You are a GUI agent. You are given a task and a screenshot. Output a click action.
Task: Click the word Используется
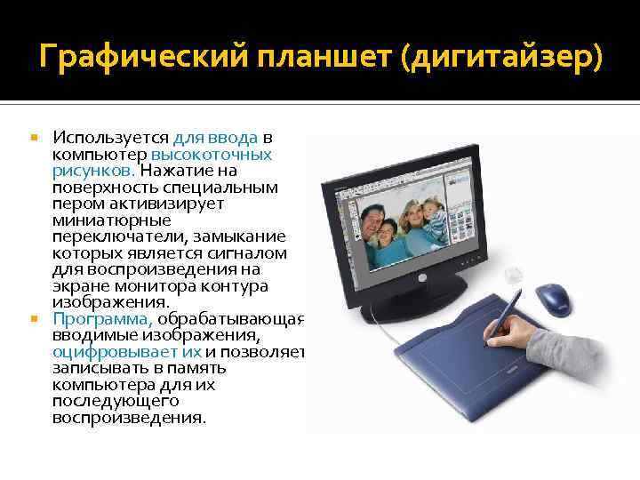pos(110,138)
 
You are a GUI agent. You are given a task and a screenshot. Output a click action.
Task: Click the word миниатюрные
pos(100,219)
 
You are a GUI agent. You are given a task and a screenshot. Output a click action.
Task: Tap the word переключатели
pos(107,236)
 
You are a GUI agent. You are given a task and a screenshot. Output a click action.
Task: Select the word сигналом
pos(253,252)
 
